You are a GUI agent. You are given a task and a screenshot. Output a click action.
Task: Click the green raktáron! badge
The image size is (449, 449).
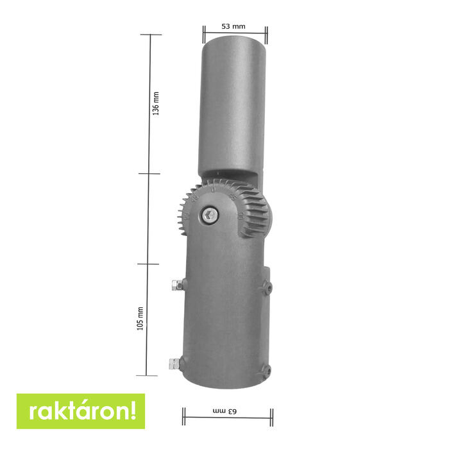81,411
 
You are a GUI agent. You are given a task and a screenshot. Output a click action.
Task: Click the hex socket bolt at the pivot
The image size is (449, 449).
210,216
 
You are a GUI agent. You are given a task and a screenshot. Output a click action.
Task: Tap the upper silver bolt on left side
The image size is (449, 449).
176,284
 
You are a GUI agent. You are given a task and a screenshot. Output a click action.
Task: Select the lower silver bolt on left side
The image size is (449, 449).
173,364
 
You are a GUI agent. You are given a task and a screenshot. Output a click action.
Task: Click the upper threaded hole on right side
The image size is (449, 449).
267,289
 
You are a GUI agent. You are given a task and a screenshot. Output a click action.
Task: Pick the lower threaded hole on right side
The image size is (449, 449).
267,369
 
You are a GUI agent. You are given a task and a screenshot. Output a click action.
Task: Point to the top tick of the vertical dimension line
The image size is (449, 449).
151,35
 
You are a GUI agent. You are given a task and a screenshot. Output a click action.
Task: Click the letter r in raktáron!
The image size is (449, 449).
28,412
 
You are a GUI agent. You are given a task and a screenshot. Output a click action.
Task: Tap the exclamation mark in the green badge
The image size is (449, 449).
133,411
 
